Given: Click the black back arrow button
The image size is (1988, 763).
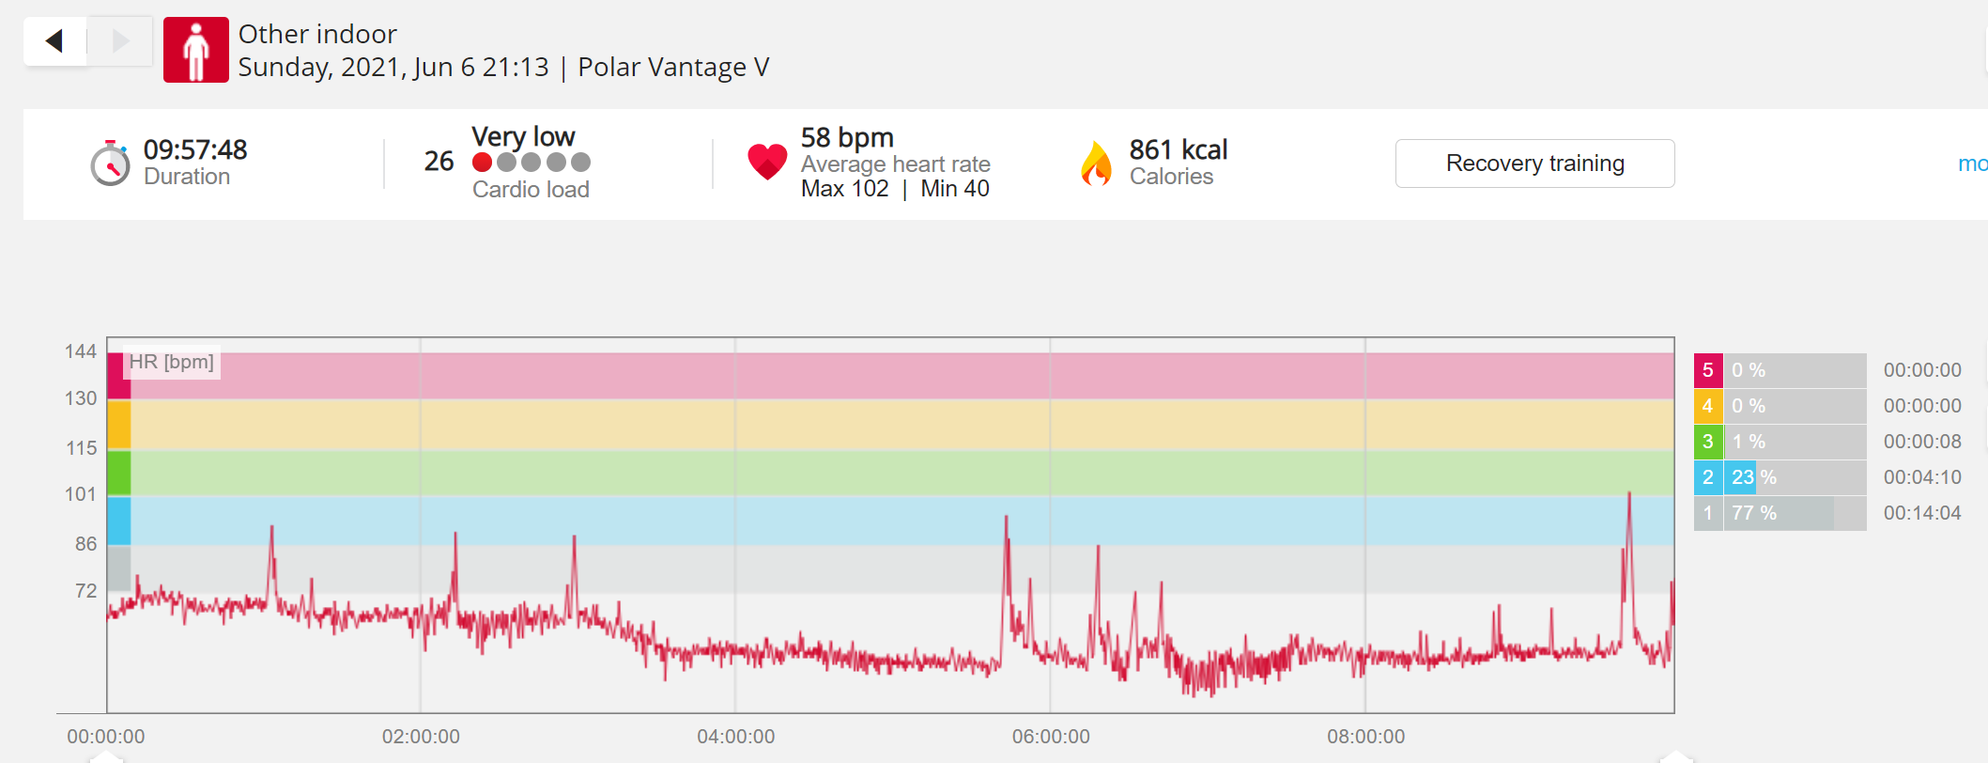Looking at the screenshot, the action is point(54,40).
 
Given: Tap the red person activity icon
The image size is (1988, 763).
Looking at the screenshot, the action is point(195,50).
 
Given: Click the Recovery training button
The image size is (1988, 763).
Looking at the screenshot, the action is point(1534,163).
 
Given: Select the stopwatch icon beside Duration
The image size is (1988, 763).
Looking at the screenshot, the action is point(111,163).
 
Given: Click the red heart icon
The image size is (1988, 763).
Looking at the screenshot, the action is point(767,162).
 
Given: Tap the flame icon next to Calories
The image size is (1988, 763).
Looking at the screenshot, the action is point(1096,163).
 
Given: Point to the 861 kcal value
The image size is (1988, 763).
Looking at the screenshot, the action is point(1179,149).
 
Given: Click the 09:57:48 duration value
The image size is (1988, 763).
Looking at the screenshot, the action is point(195,149).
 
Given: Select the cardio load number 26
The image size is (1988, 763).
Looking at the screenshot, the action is point(439,162).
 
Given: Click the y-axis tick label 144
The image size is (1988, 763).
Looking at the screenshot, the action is point(81,351).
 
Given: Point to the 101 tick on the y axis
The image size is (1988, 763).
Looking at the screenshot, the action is point(81,494).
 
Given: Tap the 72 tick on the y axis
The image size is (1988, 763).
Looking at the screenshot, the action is point(85,591).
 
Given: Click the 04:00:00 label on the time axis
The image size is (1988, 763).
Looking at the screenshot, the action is point(736,737).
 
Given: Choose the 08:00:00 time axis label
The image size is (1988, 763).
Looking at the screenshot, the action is point(1366,737).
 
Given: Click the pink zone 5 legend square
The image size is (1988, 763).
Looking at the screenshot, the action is point(1708,370).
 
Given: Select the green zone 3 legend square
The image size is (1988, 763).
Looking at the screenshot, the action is point(1708,442).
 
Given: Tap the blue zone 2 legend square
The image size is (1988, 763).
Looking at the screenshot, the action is point(1708,477).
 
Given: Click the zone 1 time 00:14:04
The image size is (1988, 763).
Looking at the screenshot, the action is point(1922,513).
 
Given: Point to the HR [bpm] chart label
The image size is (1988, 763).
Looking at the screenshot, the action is point(172,362).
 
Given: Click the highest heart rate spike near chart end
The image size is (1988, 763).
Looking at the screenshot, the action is point(1629,492).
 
